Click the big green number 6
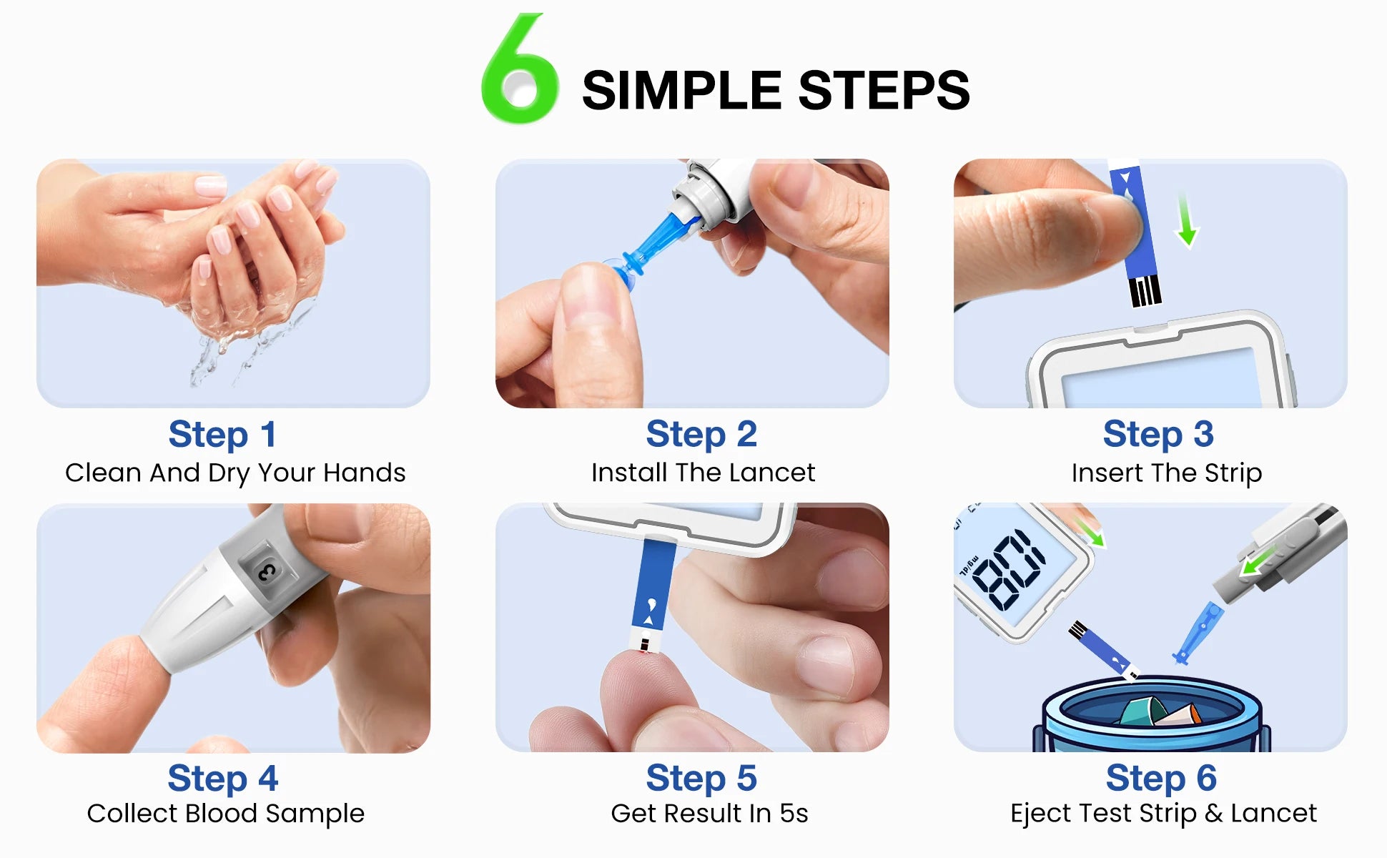coord(520,71)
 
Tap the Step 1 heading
coord(222,434)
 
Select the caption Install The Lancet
coord(703,473)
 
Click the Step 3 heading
coord(1158,434)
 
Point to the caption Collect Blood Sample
coord(225,814)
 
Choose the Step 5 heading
coord(701,778)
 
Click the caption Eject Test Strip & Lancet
coord(1163,814)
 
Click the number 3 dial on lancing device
coord(267,571)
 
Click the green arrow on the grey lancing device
coord(1258,560)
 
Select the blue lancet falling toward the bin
coord(1198,633)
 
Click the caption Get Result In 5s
coord(709,814)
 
